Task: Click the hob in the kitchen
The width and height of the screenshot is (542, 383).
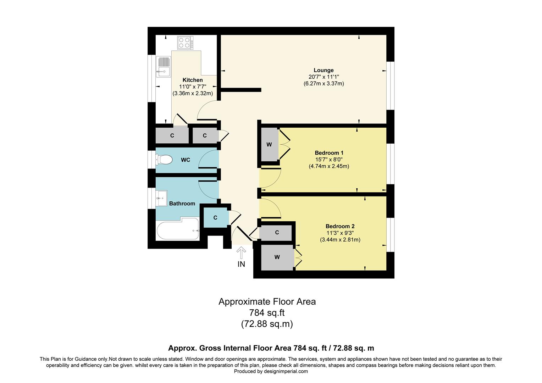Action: [186, 43]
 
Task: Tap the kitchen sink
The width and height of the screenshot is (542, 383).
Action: [163, 67]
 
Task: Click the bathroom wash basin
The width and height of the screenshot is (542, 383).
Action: [161, 198]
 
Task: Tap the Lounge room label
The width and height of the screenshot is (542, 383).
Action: [323, 70]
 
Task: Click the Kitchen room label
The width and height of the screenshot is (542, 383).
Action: [193, 80]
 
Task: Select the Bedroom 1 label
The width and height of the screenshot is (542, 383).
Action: [329, 153]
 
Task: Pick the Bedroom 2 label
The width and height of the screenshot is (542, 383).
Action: [340, 227]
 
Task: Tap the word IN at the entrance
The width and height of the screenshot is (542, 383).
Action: [241, 264]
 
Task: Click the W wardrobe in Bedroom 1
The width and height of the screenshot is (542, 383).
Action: [269, 145]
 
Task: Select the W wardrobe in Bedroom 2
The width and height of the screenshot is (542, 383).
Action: [277, 257]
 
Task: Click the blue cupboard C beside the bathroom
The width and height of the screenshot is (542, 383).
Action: [215, 218]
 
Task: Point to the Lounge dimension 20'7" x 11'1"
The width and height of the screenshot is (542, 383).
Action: [324, 77]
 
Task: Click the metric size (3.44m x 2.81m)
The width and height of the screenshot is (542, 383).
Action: [340, 240]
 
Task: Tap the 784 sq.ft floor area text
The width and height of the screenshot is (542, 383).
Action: [267, 313]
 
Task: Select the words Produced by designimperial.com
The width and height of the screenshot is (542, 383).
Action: [271, 371]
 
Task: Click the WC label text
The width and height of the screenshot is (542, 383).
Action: [186, 160]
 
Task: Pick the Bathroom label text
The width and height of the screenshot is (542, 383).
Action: [182, 204]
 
